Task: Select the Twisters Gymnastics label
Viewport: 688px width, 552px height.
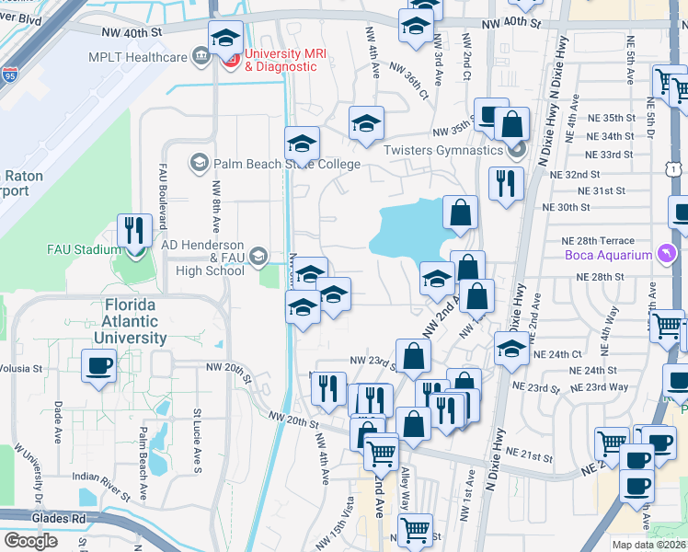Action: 442,150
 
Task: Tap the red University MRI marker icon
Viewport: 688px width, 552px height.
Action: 230,61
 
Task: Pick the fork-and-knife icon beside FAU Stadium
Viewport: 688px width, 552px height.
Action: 135,231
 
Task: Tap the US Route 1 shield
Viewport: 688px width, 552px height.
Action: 675,170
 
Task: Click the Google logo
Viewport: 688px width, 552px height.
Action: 31,540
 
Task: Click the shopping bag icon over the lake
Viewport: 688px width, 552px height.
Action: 460,213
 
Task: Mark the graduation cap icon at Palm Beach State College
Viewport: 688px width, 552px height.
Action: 301,144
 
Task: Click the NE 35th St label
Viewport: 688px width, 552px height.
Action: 610,118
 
